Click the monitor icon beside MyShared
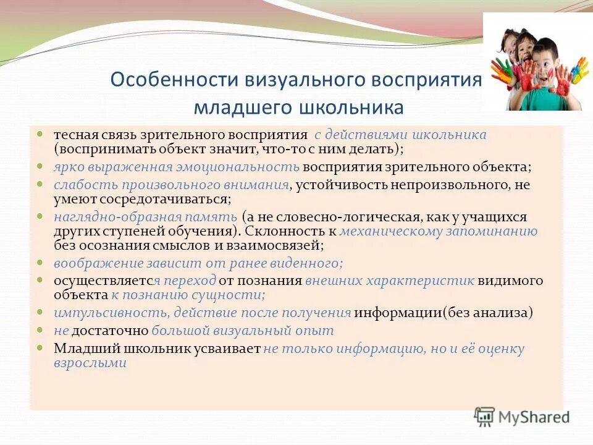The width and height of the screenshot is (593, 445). click(x=485, y=417)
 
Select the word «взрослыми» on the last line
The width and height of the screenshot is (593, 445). click(x=90, y=363)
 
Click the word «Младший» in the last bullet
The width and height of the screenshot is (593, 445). click(x=78, y=349)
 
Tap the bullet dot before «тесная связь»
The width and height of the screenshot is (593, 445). click(x=40, y=133)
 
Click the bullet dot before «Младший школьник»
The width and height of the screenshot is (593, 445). click(x=40, y=347)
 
